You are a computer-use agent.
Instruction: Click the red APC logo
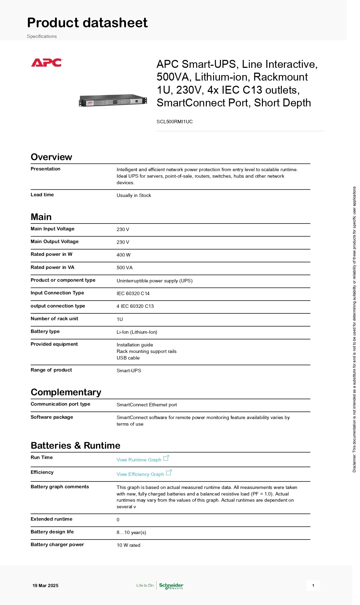[46, 63]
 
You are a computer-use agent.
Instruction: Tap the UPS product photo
[113, 101]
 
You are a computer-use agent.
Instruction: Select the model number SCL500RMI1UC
[174, 122]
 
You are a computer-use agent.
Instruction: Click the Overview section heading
[51, 157]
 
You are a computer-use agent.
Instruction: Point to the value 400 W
[124, 255]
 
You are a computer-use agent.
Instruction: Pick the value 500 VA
[125, 268]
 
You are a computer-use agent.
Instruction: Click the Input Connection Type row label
[57, 293]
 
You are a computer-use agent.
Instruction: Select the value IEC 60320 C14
[133, 293]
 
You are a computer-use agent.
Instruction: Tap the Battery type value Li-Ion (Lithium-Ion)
[137, 332]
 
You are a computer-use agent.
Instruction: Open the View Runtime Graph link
[139, 460]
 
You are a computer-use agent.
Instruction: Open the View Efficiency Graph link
[140, 474]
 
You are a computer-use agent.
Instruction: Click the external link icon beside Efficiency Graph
[169, 473]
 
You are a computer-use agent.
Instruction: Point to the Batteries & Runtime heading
[75, 446]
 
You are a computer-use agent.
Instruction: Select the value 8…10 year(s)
[131, 532]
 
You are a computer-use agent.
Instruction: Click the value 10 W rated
[128, 545]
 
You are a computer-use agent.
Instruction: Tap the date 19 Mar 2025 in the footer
[45, 585]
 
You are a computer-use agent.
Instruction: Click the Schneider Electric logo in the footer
[171, 586]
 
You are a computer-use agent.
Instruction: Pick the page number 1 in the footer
[313, 585]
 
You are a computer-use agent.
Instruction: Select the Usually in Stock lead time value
[134, 195]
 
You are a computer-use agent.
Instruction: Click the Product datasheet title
[87, 23]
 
